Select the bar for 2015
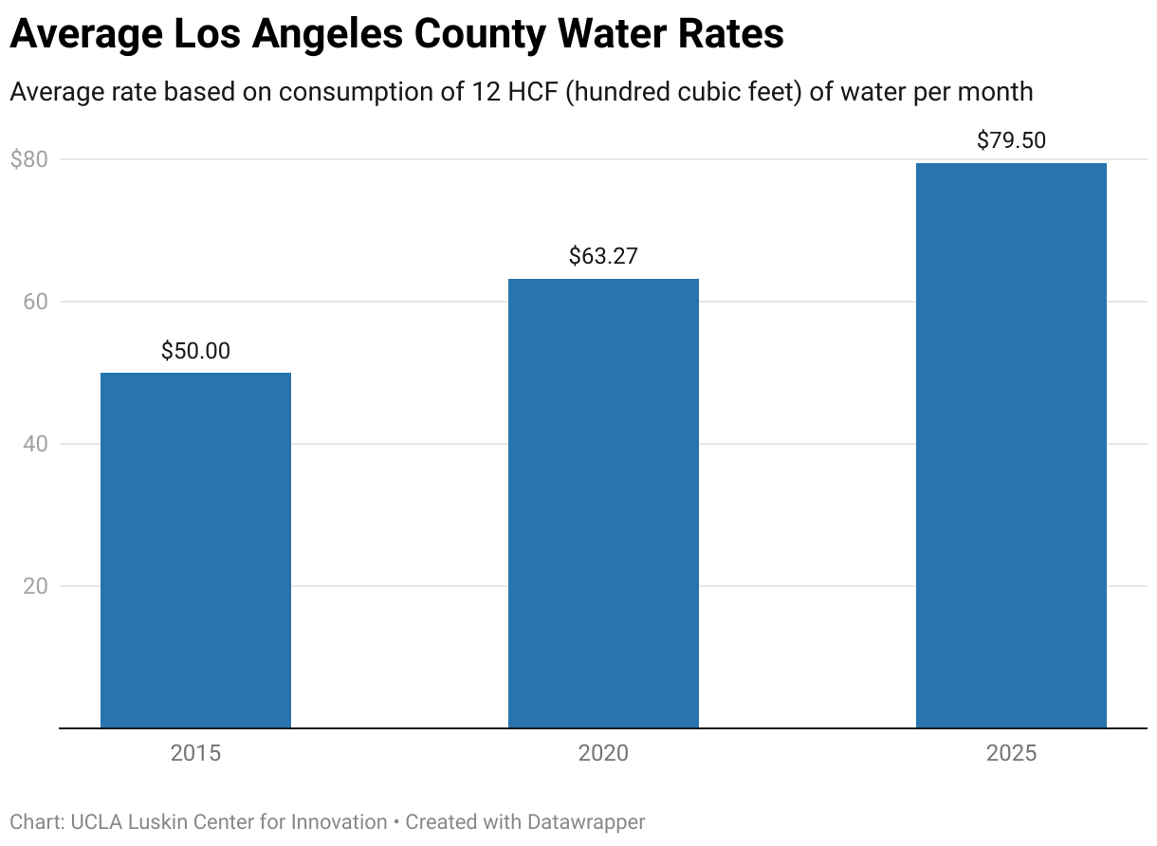(195, 550)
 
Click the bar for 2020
(603, 503)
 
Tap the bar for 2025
(1011, 446)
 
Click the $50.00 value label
(195, 351)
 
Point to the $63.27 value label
(603, 256)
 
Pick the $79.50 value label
(1011, 140)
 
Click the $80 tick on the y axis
(28, 159)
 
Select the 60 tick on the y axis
(35, 302)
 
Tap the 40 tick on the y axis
(35, 444)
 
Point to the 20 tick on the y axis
(35, 586)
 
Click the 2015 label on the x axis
(195, 754)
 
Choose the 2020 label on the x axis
(603, 754)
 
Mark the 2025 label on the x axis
(1011, 754)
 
